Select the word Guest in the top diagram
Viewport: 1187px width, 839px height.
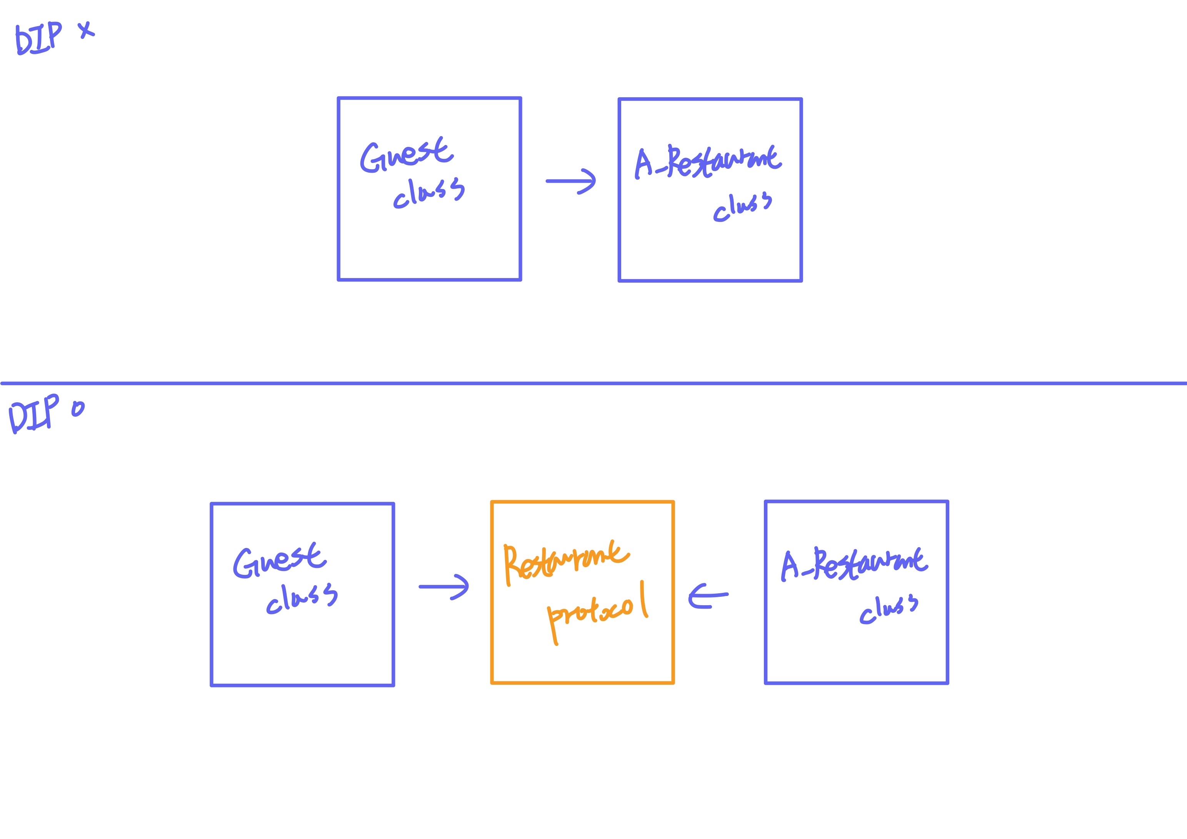[406, 155]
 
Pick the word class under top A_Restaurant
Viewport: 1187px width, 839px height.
[742, 207]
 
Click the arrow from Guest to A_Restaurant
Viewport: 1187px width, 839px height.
[571, 181]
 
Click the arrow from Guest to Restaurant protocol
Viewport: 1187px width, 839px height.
[443, 587]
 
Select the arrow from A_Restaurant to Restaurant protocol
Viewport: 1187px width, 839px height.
[708, 596]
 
